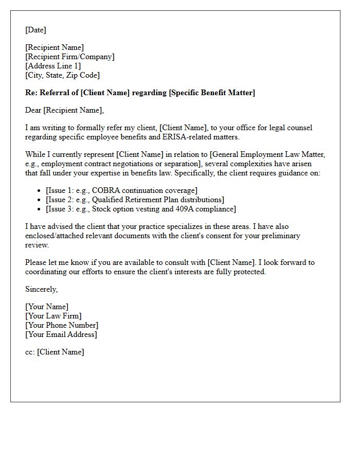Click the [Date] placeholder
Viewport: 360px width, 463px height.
pos(35,30)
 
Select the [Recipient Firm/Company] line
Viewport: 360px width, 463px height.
pos(70,57)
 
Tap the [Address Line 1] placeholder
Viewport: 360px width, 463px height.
pos(53,66)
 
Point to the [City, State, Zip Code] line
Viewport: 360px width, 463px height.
pos(62,75)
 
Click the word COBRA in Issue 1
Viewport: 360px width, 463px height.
pos(105,190)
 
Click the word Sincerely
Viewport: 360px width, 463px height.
pos(41,289)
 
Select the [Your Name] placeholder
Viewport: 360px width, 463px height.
pos(47,307)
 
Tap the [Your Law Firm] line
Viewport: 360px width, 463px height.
pos(53,316)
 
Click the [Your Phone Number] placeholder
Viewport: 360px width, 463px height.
pos(62,325)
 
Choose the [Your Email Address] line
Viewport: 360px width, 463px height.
pos(61,334)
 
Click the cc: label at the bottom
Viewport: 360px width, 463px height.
pos(30,352)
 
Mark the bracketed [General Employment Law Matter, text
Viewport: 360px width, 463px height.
pos(267,154)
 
